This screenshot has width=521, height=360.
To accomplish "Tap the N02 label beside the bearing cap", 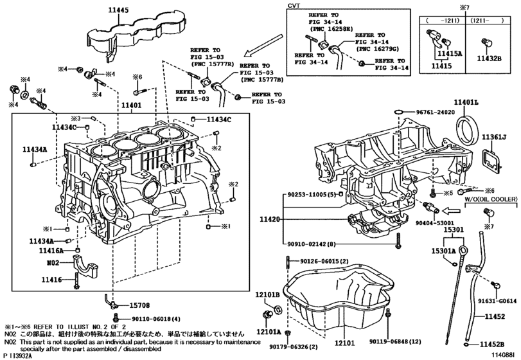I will tap(51, 263).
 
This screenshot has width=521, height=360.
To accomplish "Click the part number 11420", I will tap(270, 219).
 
